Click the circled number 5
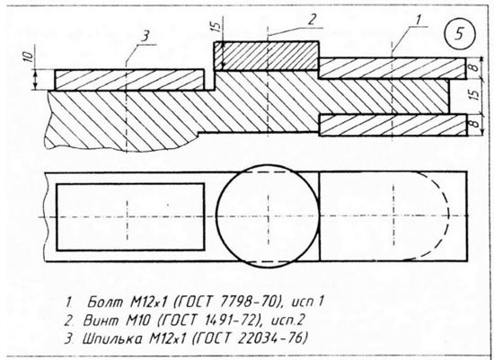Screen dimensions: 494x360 pos(460,34)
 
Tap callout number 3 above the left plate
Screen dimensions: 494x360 pos(146,37)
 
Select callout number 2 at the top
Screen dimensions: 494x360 pos(312,20)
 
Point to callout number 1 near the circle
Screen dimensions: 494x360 pos(418,20)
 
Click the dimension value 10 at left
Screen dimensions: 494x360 pos(29,56)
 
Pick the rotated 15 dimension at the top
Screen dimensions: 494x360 pos(216,26)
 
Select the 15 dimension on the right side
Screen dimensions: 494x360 pos(476,93)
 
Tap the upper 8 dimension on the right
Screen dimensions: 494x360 pos(475,66)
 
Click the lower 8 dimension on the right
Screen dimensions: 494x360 pos(475,123)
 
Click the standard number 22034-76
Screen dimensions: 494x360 pos(270,338)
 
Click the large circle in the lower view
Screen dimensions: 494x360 pos(216,216)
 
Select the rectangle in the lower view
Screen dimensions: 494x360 pos(57,217)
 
